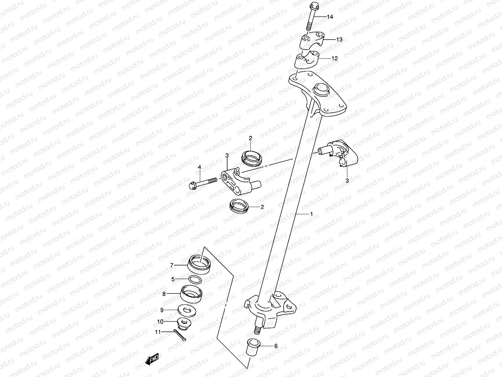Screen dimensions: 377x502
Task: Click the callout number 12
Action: point(334,58)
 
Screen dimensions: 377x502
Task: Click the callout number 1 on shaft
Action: point(311,214)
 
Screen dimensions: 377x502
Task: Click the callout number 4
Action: point(199,167)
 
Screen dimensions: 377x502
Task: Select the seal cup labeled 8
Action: point(192,294)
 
